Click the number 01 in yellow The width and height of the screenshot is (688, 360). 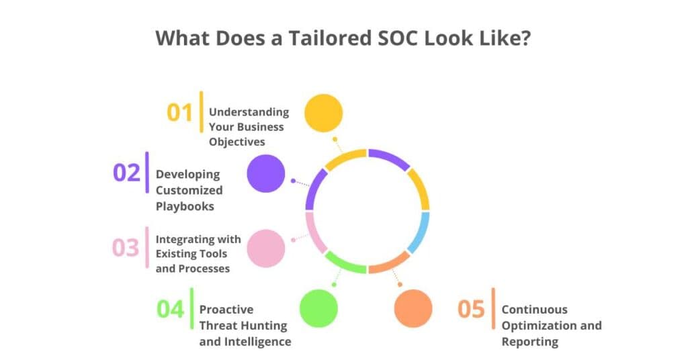[x=179, y=113]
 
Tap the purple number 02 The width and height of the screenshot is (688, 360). [x=126, y=173]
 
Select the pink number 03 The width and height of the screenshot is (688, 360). [x=126, y=247]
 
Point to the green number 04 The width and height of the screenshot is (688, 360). [x=170, y=309]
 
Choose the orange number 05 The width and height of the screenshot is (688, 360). [x=471, y=309]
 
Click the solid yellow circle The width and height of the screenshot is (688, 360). [x=323, y=113]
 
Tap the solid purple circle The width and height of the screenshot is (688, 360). [x=266, y=173]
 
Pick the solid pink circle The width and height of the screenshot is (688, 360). [x=266, y=248]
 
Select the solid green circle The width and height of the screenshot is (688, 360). [x=318, y=308]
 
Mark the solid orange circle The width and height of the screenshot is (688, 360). [x=413, y=308]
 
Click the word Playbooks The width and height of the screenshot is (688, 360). [x=185, y=206]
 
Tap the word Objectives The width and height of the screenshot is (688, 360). [x=236, y=142]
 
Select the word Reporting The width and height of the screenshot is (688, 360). [x=529, y=342]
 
